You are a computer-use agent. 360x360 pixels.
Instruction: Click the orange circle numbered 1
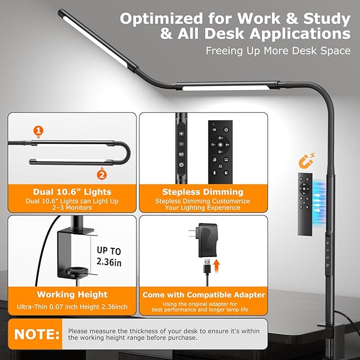click(38, 130)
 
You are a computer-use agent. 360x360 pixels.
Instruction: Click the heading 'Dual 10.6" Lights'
click(72, 192)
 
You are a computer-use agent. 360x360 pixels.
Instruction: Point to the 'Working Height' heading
click(72, 294)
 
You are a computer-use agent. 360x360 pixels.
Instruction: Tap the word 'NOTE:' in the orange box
click(37, 335)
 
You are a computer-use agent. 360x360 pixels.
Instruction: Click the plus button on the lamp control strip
click(181, 134)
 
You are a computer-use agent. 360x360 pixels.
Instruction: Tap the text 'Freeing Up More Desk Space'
click(278, 51)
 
